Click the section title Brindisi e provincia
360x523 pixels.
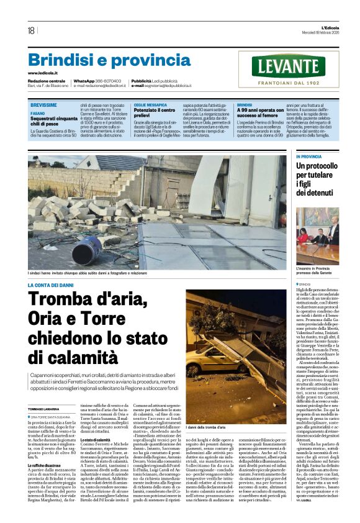click(101, 60)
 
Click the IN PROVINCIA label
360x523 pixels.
click(308, 157)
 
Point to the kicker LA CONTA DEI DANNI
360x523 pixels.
click(53, 284)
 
